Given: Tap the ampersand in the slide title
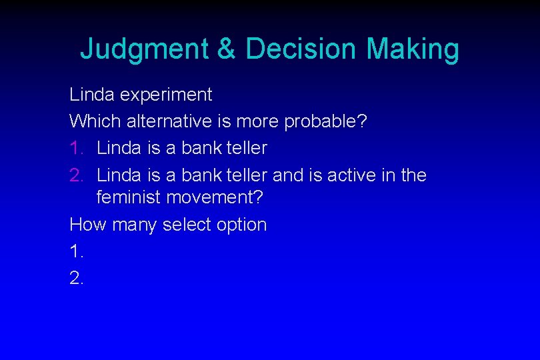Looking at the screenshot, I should [227, 49].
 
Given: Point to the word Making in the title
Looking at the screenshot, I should [413, 49].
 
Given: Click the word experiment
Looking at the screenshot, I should [165, 95].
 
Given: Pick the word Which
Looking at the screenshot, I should [91, 121].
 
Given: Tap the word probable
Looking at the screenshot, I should [325, 121].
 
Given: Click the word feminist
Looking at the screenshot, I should [129, 198].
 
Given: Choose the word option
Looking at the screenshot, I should [241, 225].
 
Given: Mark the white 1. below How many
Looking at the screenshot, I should [76, 251].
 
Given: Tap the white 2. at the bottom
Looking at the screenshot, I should [76, 278].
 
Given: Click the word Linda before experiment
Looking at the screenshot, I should [93, 95].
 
